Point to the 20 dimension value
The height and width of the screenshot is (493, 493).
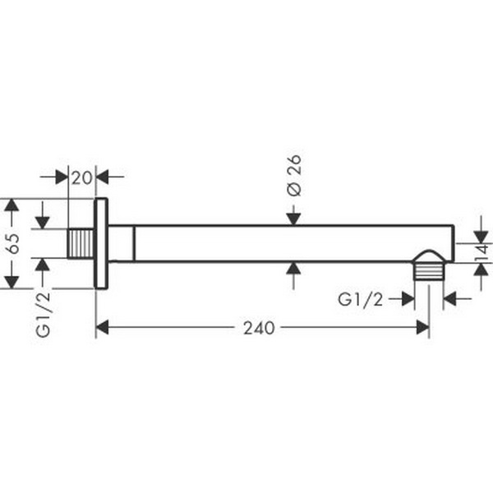click(x=81, y=177)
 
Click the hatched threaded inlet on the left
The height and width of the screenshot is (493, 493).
click(x=80, y=244)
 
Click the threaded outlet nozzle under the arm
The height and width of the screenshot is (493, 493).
click(x=429, y=267)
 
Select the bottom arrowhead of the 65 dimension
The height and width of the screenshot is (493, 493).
click(x=11, y=283)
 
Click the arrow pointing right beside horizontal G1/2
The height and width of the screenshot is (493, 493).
click(x=408, y=300)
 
